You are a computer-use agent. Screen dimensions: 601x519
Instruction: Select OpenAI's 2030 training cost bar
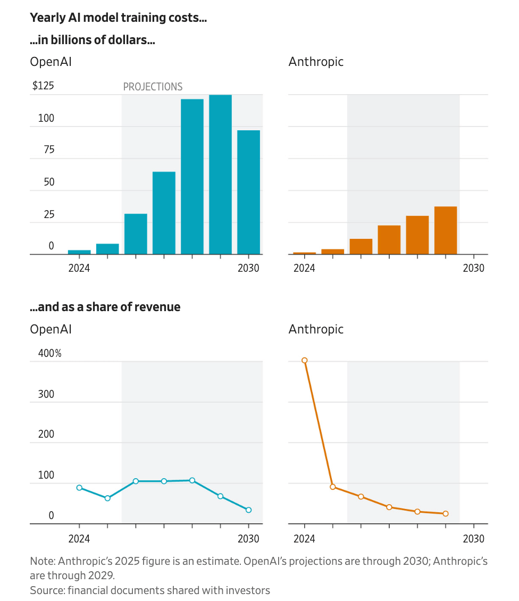[x=248, y=192]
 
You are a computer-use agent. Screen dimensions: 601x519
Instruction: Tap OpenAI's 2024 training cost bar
[x=79, y=252]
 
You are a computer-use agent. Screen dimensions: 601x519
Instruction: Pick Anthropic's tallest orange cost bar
[x=445, y=230]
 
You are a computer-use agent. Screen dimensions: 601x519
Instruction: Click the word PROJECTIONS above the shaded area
[x=153, y=87]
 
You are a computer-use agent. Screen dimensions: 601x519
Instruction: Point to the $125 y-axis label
[x=43, y=86]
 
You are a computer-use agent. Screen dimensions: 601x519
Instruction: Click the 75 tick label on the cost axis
[x=49, y=149]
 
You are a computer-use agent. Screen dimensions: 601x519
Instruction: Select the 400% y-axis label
[x=46, y=353]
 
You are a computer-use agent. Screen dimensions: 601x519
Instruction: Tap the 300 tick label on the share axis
[x=47, y=394]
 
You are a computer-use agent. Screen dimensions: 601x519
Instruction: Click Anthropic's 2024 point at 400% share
[x=305, y=361]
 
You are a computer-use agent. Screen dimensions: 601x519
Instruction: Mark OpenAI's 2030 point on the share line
[x=248, y=510]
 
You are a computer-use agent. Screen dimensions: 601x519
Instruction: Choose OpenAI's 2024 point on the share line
[x=79, y=488]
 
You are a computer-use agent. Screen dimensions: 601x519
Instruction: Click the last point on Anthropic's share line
[x=446, y=514]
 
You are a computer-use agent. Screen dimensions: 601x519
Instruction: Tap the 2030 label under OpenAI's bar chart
[x=248, y=268]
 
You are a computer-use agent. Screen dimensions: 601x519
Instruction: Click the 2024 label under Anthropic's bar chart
[x=304, y=268]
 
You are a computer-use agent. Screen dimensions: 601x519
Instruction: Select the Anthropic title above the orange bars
[x=316, y=62]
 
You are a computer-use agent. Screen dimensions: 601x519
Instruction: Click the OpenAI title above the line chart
[x=51, y=329]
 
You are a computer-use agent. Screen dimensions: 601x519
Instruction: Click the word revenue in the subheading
[x=158, y=307]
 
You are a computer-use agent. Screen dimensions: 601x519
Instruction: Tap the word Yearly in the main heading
[x=45, y=18]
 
